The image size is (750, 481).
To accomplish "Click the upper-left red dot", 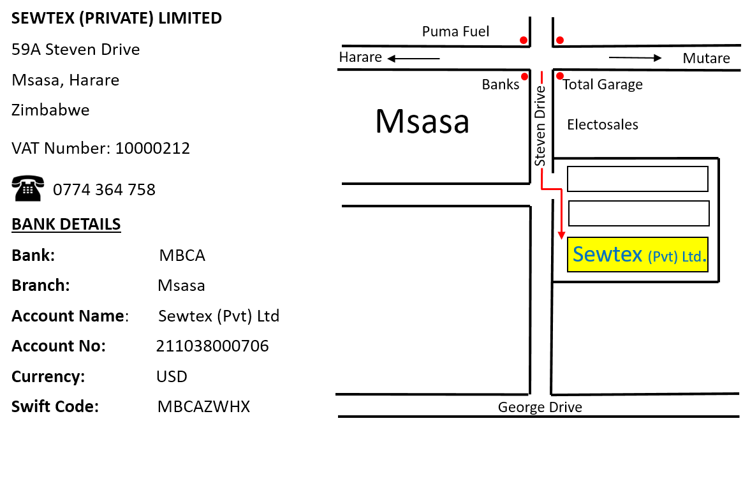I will click(524, 40).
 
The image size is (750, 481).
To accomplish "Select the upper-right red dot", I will click(560, 40).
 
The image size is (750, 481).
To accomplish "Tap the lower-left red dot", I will click(524, 77).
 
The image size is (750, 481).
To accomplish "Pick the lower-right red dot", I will click(560, 76).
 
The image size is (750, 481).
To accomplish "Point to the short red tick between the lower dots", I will click(541, 77).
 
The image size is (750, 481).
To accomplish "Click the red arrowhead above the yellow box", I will click(561, 235).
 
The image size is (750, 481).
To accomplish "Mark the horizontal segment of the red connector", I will click(552, 189).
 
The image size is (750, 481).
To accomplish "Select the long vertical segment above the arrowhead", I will click(561, 211).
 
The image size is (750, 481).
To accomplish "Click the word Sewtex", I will click(607, 255).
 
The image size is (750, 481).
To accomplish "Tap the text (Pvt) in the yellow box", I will click(663, 257).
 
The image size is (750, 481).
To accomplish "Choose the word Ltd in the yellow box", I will click(691, 257).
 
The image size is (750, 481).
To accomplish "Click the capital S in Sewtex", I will click(578, 255).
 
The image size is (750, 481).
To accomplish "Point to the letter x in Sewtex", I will click(636, 256).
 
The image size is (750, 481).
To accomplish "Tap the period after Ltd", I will click(704, 261).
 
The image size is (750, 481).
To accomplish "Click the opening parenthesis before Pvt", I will click(650, 257).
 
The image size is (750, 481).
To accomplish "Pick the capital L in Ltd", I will click(684, 256).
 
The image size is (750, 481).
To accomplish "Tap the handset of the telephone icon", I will click(28, 179).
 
